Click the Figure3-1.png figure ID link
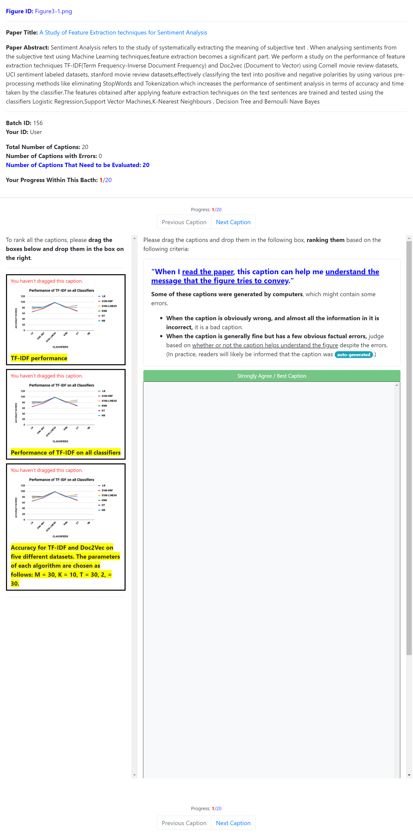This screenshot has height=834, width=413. point(54,11)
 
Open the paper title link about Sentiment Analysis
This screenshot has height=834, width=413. point(123,32)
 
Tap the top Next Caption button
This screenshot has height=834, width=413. point(233,222)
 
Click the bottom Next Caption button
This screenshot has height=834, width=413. point(233,823)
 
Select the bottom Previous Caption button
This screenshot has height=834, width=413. point(184,823)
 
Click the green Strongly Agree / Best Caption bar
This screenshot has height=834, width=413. point(271,376)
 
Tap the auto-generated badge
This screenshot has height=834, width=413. point(353,355)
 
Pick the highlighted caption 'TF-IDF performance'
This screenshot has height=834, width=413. point(39,358)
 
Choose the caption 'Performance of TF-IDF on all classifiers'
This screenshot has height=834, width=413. point(66,453)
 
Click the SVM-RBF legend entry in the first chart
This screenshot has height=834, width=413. point(107,301)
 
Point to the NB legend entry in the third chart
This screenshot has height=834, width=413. point(103,510)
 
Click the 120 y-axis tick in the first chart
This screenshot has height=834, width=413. point(23,296)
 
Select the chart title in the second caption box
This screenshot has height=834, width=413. point(62,385)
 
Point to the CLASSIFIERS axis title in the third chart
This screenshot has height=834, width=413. point(60,536)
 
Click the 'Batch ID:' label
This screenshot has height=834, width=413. point(19,123)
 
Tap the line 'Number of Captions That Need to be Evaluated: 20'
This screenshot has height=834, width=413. point(78,165)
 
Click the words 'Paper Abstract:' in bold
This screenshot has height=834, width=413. point(28,48)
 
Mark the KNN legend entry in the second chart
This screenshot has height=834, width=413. point(104,406)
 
